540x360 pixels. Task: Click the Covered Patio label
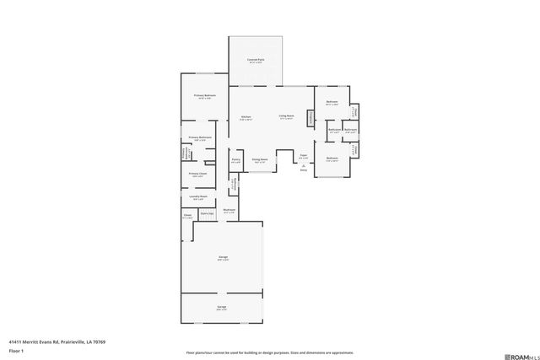coord(256,60)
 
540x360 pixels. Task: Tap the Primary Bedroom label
coord(205,96)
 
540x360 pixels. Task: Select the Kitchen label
coord(246,117)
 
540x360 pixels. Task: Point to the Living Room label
coord(287,116)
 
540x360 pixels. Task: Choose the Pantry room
coord(235,160)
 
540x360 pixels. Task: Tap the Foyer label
coord(303,156)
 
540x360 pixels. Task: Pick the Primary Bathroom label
coord(200,138)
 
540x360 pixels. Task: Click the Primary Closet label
coord(198,175)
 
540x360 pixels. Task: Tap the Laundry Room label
coord(198,197)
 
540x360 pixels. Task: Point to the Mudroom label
coord(229,211)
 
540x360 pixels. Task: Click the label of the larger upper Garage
coord(224,258)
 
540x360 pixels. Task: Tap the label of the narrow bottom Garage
coord(221,308)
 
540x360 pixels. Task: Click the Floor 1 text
coord(15,350)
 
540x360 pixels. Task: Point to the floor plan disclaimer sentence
coord(269,352)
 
